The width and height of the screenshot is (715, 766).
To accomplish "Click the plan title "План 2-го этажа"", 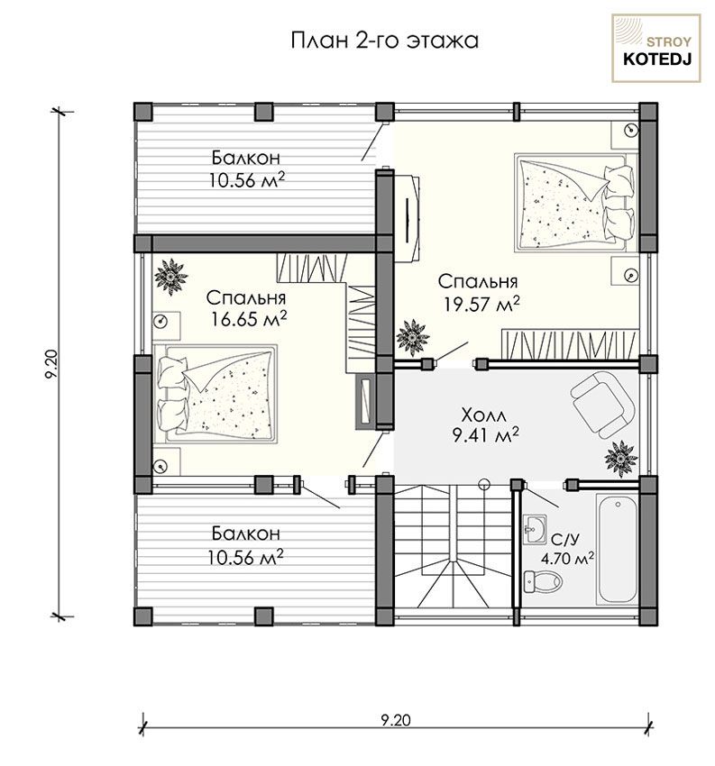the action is point(384,41).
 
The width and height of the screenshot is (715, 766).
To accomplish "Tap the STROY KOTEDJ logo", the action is point(656,48).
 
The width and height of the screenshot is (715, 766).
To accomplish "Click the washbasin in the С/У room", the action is point(534,529).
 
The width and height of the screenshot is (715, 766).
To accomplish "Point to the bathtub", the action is point(618,550).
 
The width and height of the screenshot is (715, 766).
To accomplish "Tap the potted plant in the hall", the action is point(620,457).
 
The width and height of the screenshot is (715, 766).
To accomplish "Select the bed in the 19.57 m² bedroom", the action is point(575,203).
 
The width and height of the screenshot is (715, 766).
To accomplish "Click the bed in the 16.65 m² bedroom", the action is point(215,394).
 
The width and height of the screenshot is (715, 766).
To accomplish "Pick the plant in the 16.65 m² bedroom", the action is point(171,277).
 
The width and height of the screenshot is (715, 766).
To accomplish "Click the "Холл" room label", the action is point(484,415).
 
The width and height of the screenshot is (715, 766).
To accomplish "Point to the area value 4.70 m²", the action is point(567,559).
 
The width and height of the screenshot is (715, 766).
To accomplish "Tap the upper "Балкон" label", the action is point(246,158).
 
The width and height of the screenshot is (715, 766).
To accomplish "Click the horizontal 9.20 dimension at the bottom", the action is point(395,720).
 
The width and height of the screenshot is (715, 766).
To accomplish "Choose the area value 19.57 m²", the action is point(481,304).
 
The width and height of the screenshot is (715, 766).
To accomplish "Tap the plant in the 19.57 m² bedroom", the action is point(413,337).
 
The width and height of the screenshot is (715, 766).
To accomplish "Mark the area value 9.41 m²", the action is point(485,434).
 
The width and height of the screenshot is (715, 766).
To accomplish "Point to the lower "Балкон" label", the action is point(246,533).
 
